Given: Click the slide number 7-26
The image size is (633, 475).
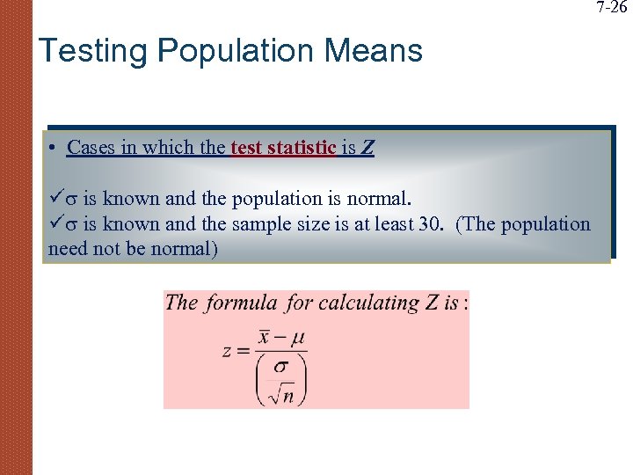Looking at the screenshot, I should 612,8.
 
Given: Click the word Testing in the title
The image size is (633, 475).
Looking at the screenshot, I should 93,51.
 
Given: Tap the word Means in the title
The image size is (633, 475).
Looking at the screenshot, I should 374,51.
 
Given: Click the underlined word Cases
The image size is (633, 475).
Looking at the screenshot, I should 91,148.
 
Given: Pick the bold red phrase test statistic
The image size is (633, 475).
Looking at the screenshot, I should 283,148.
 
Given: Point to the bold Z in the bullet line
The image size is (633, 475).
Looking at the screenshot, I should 367,148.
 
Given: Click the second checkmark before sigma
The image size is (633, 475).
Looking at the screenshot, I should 55,223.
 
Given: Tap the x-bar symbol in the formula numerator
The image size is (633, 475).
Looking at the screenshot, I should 265,339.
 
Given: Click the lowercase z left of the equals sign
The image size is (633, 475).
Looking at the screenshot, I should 227,351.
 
